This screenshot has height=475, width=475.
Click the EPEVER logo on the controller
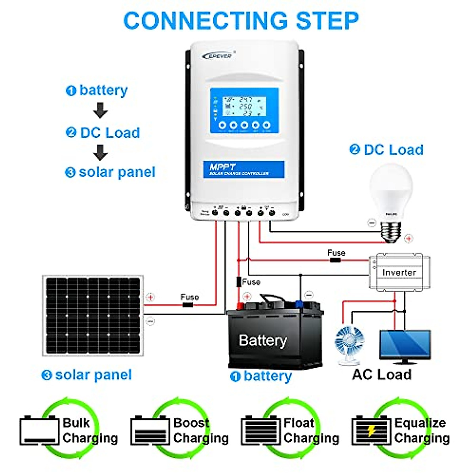[x=219, y=55]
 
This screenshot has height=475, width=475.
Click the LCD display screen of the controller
[x=244, y=110]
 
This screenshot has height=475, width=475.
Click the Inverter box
[x=399, y=272]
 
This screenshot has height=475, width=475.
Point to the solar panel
[x=93, y=315]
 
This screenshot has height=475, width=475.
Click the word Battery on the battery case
[x=263, y=340]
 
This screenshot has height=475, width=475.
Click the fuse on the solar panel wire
[x=187, y=305]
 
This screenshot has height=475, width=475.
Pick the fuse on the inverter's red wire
[x=335, y=260]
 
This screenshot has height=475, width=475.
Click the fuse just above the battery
[x=239, y=282]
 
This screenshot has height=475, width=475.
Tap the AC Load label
[x=382, y=374]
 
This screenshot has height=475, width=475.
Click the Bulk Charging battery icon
[x=39, y=431]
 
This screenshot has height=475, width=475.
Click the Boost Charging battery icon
[x=150, y=431]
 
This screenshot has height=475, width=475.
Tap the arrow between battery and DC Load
[x=101, y=110]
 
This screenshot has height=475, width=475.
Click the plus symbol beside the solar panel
[x=150, y=297]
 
